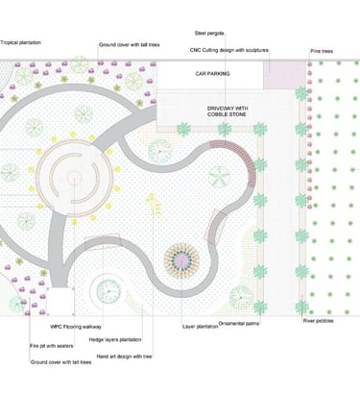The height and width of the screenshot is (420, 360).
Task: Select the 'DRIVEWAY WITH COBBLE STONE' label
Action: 227,113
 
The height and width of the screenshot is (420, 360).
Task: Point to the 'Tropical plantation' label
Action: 20,41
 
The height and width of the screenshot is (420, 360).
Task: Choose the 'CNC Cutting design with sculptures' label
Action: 229,50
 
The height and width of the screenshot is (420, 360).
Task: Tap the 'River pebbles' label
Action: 318,321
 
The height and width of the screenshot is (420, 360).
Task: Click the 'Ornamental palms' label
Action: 239,323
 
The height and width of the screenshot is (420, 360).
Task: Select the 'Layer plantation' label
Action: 201,327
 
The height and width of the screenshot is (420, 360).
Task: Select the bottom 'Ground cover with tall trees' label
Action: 60,362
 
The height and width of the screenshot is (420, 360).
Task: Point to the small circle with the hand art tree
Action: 108,289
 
